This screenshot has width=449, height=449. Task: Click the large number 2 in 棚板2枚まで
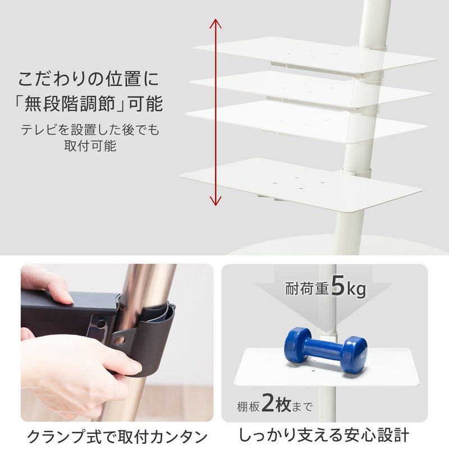270,404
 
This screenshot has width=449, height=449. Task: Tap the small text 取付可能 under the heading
90,146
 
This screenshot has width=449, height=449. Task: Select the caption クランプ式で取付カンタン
117,436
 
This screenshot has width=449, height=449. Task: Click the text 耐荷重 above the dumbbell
305,290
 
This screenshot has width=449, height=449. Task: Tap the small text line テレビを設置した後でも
90,130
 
